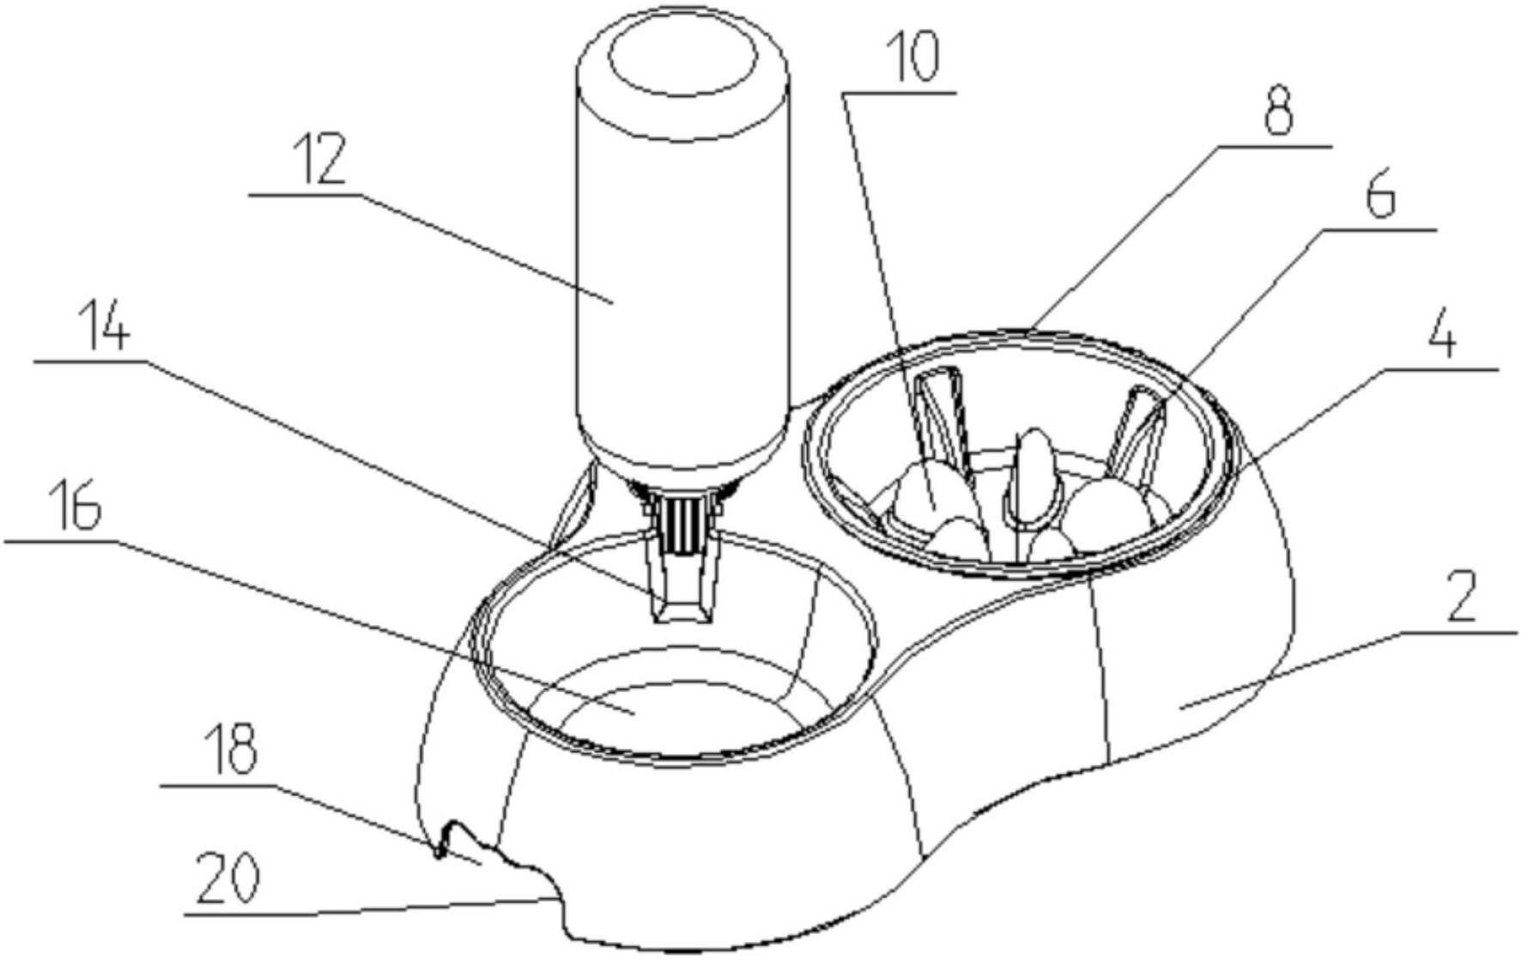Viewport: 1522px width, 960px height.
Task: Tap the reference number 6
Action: [x=1379, y=197]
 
